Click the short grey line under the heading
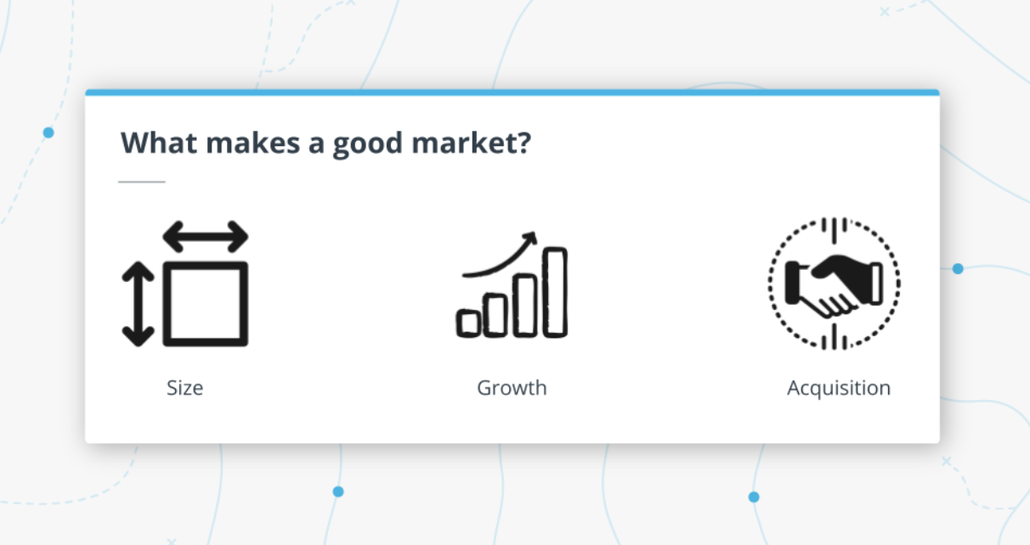141,182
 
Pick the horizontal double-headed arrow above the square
205,236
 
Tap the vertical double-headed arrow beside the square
138,303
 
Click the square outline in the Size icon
205,303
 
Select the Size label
184,388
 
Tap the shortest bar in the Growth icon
469,322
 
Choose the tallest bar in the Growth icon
555,291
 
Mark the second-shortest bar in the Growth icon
496,313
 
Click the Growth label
512,388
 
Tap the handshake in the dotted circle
834,284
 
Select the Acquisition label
838,388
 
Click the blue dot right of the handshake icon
958,268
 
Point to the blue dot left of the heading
48,132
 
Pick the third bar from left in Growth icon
525,304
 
